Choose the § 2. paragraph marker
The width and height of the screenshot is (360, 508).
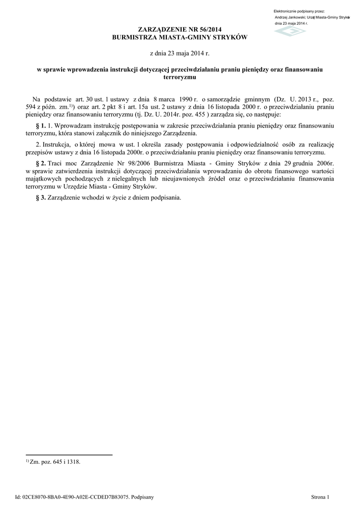[x=41, y=163]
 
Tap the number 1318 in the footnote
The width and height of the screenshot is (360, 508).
[x=73, y=462]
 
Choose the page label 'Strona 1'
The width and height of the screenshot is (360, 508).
[x=320, y=497]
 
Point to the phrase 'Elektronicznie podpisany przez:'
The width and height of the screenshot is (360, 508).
[x=299, y=11]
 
